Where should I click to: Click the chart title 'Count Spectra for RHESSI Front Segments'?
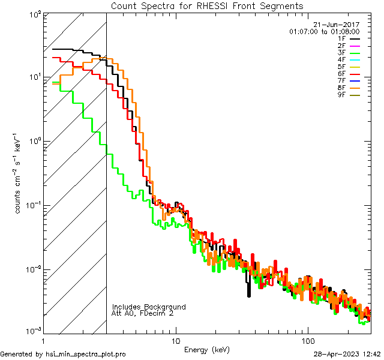pyautogui.click(x=207, y=5)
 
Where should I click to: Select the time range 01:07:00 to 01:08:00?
pyautogui.click(x=324, y=31)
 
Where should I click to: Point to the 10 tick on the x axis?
pyautogui.click(x=175, y=341)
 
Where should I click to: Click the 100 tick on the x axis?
pyautogui.click(x=307, y=341)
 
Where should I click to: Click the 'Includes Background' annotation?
pyautogui.click(x=149, y=307)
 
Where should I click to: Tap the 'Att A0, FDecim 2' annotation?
pyautogui.click(x=143, y=313)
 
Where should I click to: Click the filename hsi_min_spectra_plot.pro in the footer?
pyautogui.click(x=86, y=354)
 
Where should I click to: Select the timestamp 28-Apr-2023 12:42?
pyautogui.click(x=346, y=354)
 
